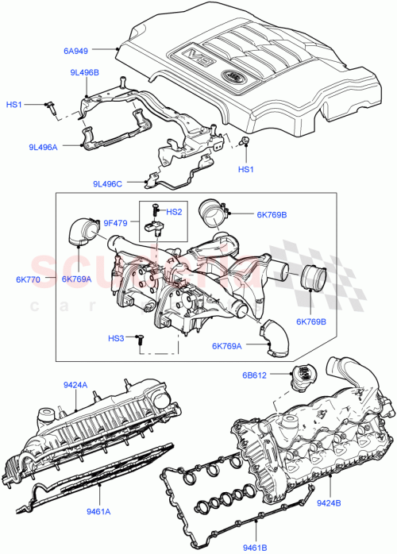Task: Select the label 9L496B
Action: (x=83, y=73)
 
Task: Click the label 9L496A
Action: (x=44, y=146)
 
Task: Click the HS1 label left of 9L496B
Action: (x=15, y=104)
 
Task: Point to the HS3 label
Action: (x=117, y=338)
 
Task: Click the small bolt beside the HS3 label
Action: (x=138, y=339)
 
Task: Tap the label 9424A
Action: (x=75, y=387)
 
